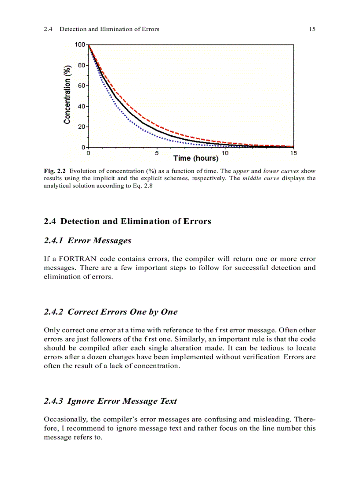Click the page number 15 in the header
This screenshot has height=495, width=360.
click(312, 29)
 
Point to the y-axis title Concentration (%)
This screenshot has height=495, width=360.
click(67, 95)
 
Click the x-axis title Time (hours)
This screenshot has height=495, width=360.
click(195, 158)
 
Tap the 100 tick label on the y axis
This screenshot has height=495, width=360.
click(80, 45)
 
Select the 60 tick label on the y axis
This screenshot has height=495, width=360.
click(82, 86)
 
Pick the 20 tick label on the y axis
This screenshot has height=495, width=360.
click(82, 127)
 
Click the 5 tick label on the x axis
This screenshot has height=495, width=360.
click(157, 153)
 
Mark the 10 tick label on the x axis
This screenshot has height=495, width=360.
click(225, 153)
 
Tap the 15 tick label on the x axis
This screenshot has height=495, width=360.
click(293, 153)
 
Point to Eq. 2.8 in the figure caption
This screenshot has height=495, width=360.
click(144, 186)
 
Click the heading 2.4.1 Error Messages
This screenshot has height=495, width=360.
click(88, 241)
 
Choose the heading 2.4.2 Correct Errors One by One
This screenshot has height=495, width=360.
click(111, 312)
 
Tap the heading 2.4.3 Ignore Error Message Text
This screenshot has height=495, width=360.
click(110, 401)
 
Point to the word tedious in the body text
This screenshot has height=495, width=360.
click(268, 348)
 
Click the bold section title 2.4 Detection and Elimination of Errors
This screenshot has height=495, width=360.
click(127, 221)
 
